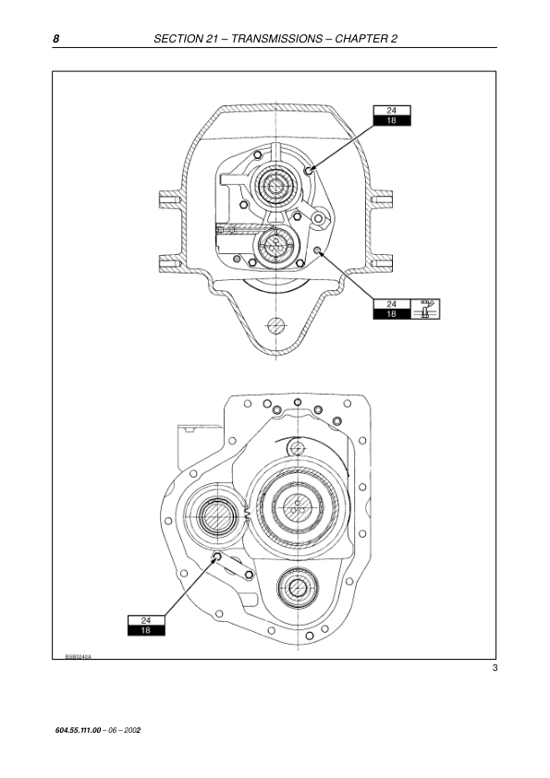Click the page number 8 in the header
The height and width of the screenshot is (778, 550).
click(56, 39)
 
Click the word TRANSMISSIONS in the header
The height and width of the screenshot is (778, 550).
click(277, 39)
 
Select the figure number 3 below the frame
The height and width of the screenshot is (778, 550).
click(495, 668)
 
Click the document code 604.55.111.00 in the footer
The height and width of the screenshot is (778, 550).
click(78, 730)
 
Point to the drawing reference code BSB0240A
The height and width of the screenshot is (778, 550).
click(78, 656)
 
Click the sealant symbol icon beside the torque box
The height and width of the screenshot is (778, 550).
click(425, 309)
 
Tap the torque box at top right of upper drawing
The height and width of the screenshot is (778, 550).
click(392, 115)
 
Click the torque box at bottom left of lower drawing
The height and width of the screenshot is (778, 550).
click(146, 626)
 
